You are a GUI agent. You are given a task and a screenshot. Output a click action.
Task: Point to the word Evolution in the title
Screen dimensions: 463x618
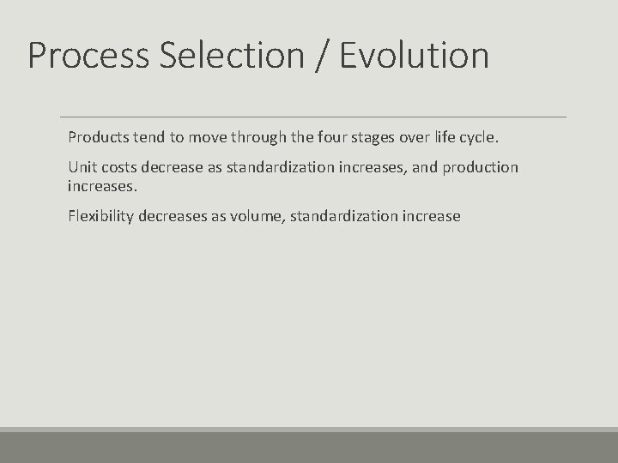tap(415, 56)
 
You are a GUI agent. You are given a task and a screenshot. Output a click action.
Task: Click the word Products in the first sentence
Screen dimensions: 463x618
tap(97, 137)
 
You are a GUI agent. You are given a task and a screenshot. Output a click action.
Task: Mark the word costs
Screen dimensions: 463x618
tap(118, 167)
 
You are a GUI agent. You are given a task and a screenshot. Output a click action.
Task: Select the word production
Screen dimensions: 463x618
tap(481, 167)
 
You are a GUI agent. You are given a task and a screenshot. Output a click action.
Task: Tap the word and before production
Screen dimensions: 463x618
tap(425, 167)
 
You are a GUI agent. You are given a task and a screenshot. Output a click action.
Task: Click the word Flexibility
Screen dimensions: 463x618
tap(101, 216)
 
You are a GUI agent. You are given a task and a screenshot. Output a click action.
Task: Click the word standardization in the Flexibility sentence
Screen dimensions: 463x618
tap(345, 216)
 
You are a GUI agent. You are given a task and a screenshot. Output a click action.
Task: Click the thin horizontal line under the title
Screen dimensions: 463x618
tap(312, 117)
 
